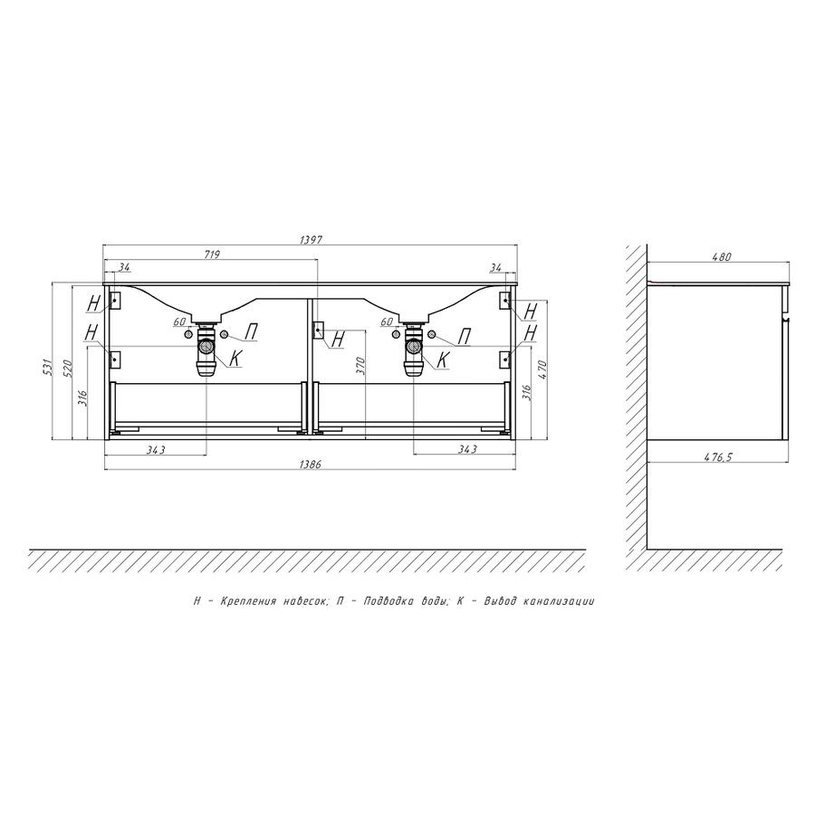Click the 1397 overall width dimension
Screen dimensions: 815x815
tap(312, 240)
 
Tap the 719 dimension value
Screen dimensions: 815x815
tap(213, 254)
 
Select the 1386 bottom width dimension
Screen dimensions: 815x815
tap(311, 465)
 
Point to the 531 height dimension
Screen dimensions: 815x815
tap(48, 367)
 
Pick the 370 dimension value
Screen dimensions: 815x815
tap(361, 366)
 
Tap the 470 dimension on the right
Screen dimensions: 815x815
tap(542, 369)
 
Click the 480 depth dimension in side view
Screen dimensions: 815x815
tap(722, 256)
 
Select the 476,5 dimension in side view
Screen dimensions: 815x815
tap(718, 457)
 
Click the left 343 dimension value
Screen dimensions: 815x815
tap(156, 449)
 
